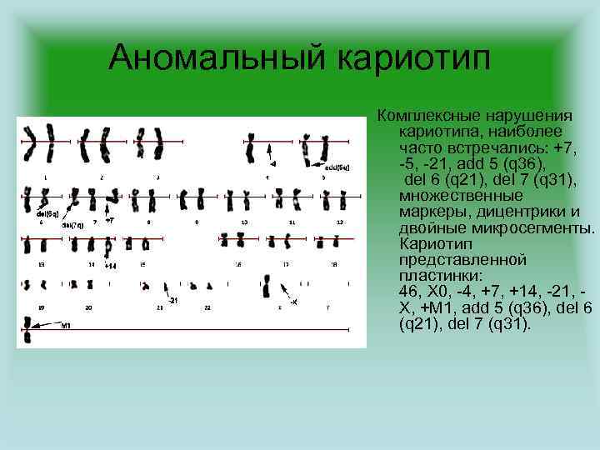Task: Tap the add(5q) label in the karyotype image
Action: (337, 167)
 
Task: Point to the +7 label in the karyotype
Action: (109, 220)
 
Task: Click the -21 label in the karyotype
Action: (172, 299)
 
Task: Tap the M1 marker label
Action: (66, 326)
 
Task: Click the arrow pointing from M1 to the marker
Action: (46, 325)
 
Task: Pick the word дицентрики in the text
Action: (508, 212)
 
